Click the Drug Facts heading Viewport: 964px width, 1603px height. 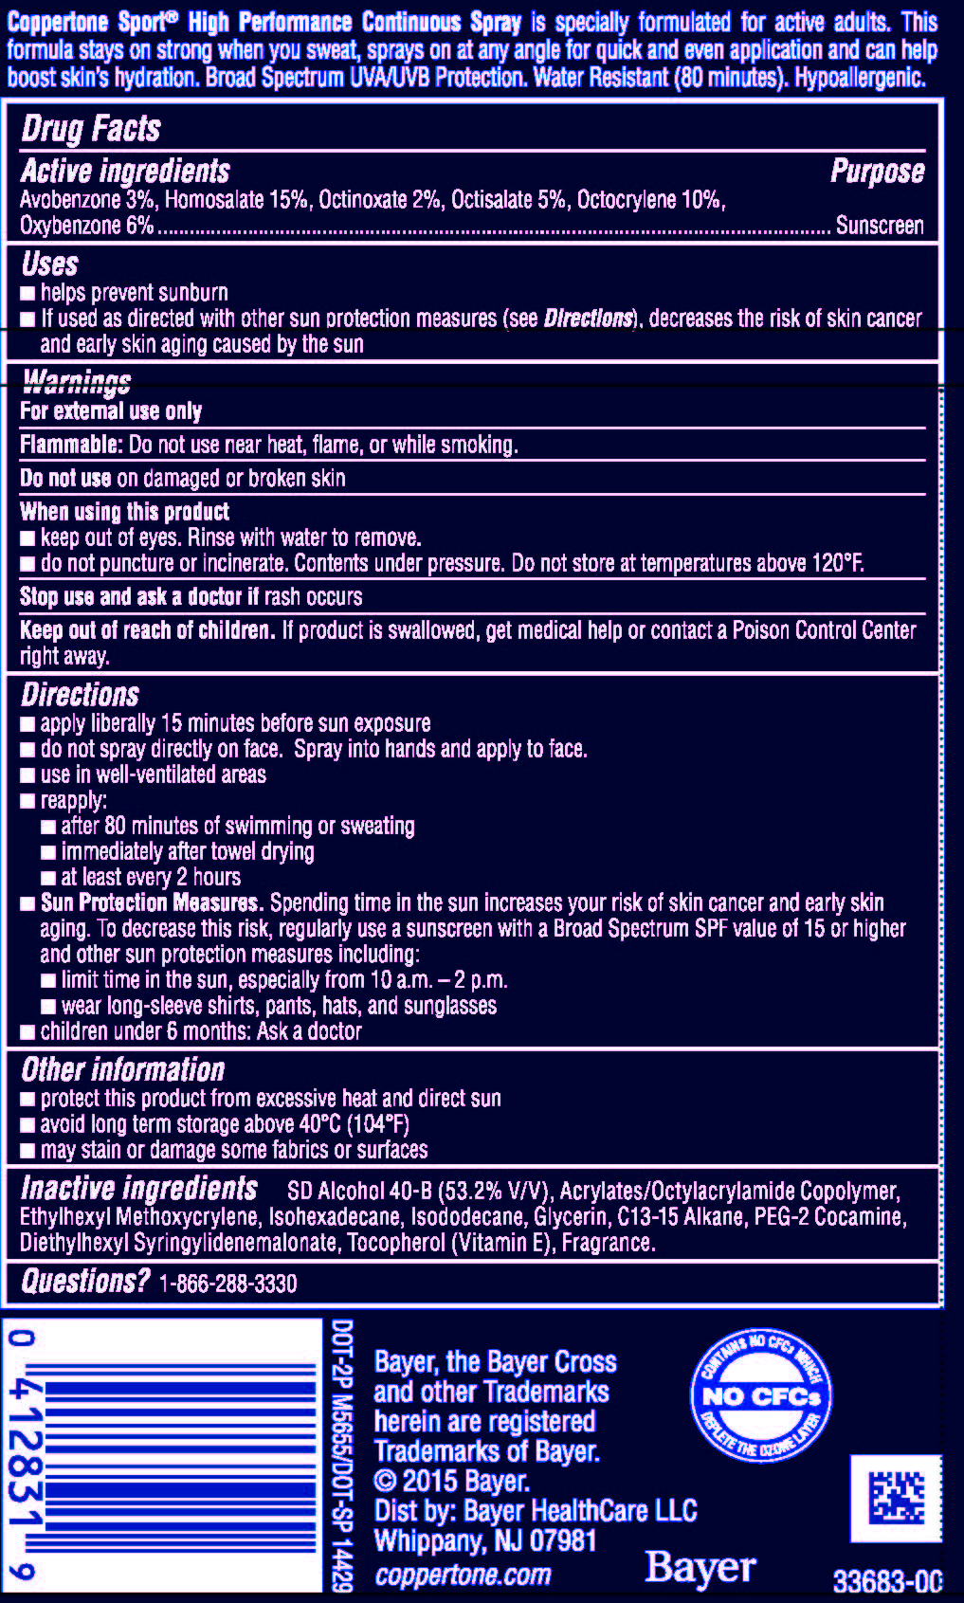(91, 129)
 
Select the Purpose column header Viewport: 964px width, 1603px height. (877, 171)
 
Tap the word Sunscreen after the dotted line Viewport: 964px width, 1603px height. (879, 226)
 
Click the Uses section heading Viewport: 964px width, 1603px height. (49, 264)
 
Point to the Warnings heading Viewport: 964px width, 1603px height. (77, 382)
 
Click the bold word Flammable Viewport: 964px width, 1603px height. (71, 445)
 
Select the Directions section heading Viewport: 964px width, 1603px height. (81, 695)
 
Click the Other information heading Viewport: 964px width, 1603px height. (123, 1070)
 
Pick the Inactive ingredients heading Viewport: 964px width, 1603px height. (139, 1189)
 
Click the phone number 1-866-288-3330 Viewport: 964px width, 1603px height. (227, 1284)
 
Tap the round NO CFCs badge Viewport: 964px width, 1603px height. (761, 1394)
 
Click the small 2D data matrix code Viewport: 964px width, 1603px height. (896, 1498)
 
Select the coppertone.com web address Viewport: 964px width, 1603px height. (463, 1576)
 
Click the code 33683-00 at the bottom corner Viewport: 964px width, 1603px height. (887, 1581)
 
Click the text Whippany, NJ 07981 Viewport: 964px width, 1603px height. (485, 1541)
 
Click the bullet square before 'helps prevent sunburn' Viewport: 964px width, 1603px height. (28, 294)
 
